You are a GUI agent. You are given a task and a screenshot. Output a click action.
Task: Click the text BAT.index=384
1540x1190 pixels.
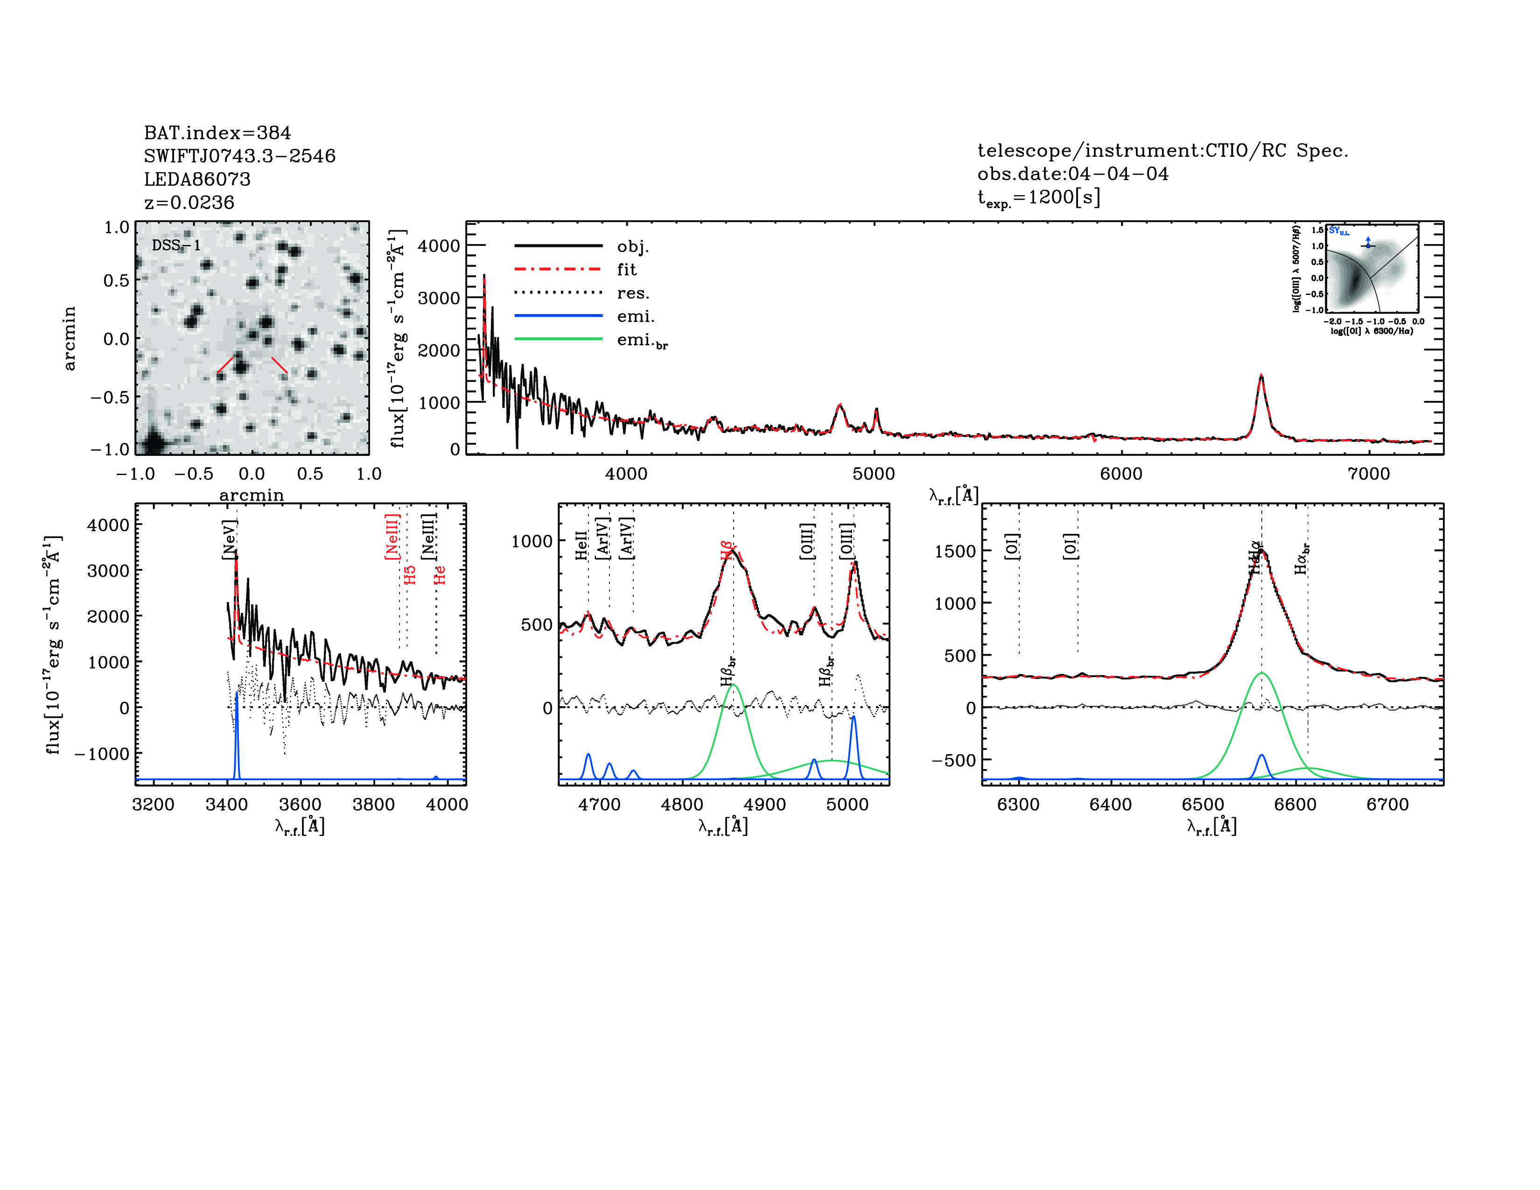tap(217, 133)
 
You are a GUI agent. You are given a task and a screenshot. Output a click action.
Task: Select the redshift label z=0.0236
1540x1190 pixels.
tap(189, 203)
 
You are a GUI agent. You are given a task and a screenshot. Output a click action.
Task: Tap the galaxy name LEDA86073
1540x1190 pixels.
tap(197, 179)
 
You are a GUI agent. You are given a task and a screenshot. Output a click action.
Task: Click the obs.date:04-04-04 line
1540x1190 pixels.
tap(1072, 174)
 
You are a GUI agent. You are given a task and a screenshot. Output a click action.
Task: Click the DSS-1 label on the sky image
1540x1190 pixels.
tap(176, 245)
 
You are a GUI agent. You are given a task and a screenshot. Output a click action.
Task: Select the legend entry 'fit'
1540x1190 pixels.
tap(626, 269)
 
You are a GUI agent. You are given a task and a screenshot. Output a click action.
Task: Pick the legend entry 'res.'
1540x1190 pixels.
tap(632, 293)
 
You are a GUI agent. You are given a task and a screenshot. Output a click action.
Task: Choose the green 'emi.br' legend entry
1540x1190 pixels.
tap(642, 341)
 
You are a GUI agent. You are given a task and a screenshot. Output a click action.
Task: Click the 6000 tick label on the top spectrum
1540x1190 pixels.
tap(1121, 474)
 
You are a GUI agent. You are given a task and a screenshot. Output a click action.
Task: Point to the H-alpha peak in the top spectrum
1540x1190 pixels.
tap(1261, 377)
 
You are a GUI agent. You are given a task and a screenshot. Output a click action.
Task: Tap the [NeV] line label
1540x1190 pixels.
tap(229, 540)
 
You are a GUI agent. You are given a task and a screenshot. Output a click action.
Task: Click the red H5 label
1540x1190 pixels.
tap(410, 574)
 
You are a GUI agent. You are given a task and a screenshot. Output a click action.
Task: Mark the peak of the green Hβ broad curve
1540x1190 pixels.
tap(733, 685)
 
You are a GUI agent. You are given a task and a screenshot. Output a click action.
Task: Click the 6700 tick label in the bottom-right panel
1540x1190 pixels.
tap(1387, 805)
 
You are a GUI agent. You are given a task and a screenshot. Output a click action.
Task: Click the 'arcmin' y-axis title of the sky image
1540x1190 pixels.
tap(69, 338)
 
